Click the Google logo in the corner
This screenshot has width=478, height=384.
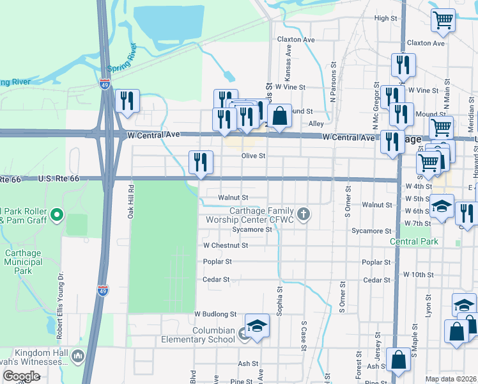20,376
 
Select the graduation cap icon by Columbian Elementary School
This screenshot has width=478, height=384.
257,326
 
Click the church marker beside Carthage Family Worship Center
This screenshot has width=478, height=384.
304,214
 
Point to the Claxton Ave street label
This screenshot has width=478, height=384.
296,39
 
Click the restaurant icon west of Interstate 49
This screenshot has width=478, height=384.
127,101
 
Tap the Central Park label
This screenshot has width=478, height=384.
414,241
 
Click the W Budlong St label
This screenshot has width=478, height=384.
215,314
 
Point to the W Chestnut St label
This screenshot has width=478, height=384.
225,245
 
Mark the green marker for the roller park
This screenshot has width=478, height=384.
57,214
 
